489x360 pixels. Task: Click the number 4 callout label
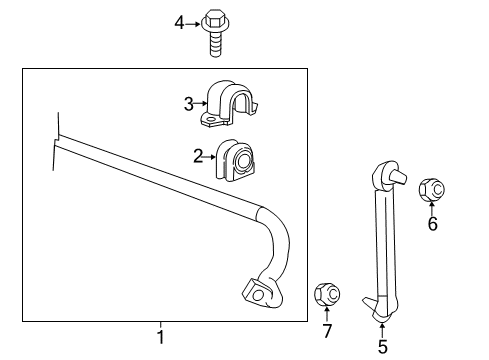[x=180, y=21]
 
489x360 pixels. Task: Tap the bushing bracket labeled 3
[x=229, y=104]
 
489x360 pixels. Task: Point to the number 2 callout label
[x=198, y=154]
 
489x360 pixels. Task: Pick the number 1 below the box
[x=160, y=337]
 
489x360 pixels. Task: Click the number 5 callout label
[x=382, y=347]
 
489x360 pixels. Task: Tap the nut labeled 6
[x=433, y=187]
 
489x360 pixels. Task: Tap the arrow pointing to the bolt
[x=195, y=21]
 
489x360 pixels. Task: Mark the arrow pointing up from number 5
[x=382, y=331]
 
